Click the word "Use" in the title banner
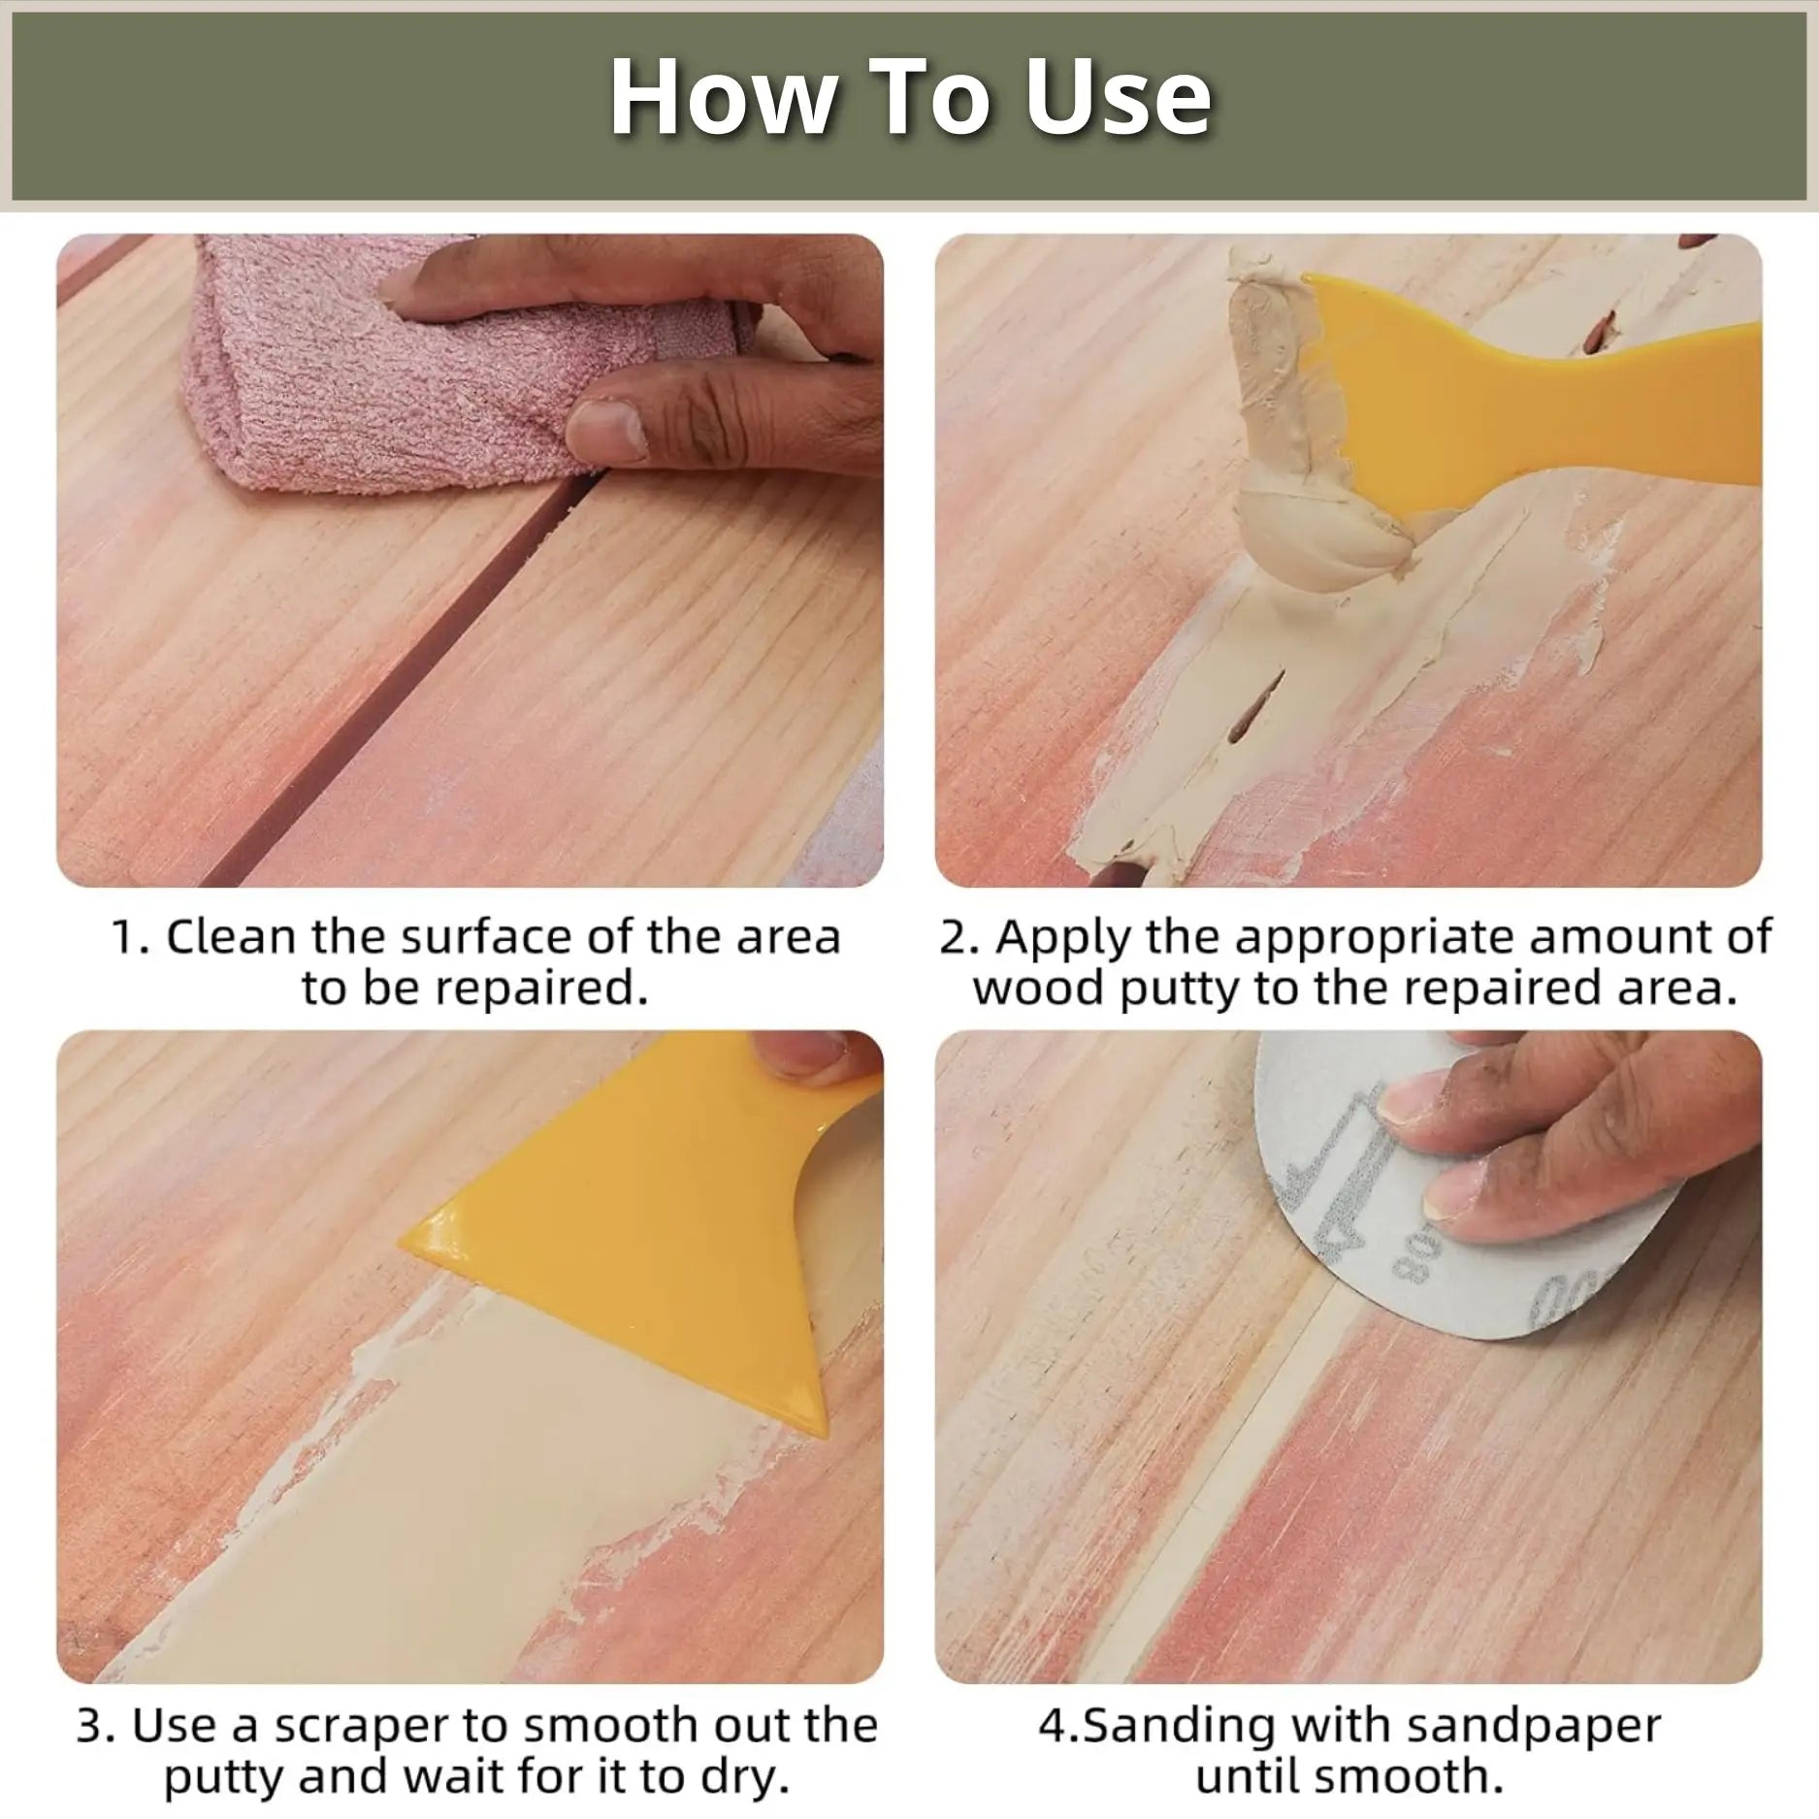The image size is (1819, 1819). tap(1118, 97)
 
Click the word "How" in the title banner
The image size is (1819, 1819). tap(723, 97)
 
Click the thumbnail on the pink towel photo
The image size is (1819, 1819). tap(606, 427)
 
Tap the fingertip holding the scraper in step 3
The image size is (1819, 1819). tap(805, 1053)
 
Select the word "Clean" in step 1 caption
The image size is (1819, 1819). tap(231, 937)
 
